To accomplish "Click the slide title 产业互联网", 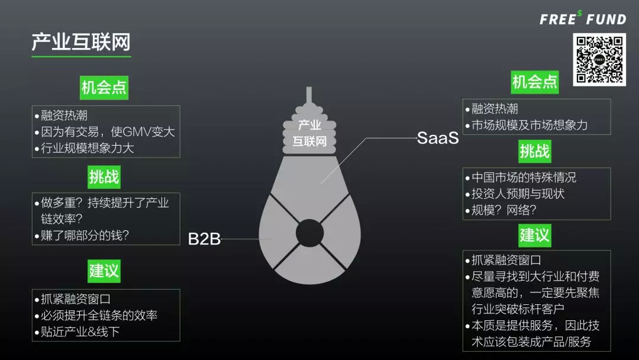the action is click(x=81, y=43).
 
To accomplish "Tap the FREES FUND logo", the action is click(x=582, y=19).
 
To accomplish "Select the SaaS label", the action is click(x=438, y=139).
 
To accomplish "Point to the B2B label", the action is click(x=204, y=239).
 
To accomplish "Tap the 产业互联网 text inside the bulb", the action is click(x=310, y=133).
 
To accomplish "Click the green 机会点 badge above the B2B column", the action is click(x=104, y=88).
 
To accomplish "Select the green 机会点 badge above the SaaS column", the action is click(x=535, y=82).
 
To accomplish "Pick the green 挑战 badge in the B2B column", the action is click(x=104, y=176).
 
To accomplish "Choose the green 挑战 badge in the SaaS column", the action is click(x=535, y=151).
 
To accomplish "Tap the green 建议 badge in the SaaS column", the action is click(x=535, y=235).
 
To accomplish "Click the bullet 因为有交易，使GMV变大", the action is click(x=105, y=131).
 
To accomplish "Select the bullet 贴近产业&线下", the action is click(x=77, y=332).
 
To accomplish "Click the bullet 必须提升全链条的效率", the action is click(x=96, y=316).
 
